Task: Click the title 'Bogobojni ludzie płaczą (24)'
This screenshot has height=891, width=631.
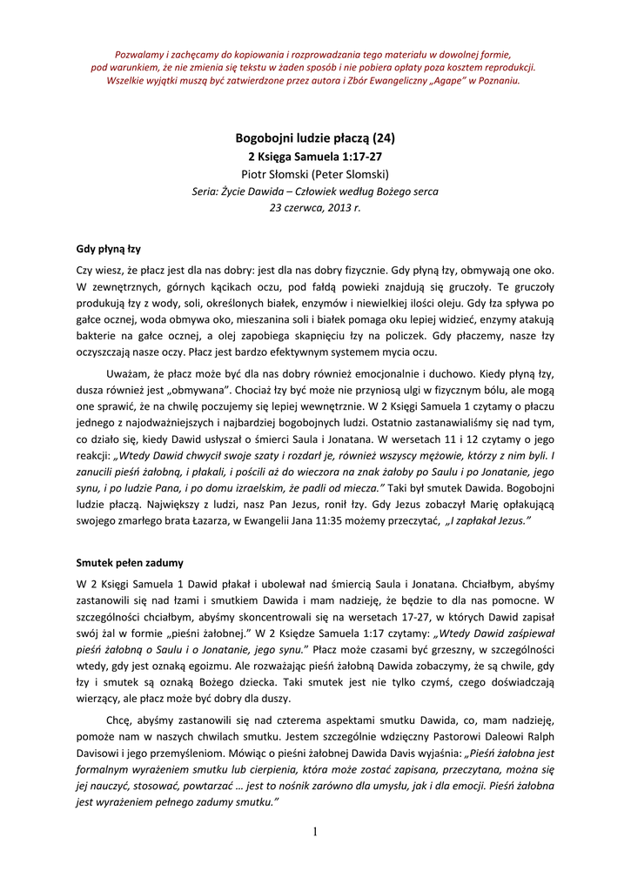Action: [315, 138]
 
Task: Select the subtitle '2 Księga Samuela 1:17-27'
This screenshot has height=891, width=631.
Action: [315, 157]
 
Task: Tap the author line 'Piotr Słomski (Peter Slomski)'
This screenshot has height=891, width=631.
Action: [315, 174]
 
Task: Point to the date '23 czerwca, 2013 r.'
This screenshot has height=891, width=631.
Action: [315, 209]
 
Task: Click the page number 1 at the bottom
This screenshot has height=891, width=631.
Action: [315, 833]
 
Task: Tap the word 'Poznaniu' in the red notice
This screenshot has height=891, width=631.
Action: [499, 80]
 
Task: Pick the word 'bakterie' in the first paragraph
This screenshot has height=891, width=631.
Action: [97, 337]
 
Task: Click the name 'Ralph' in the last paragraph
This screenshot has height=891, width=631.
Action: [539, 737]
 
